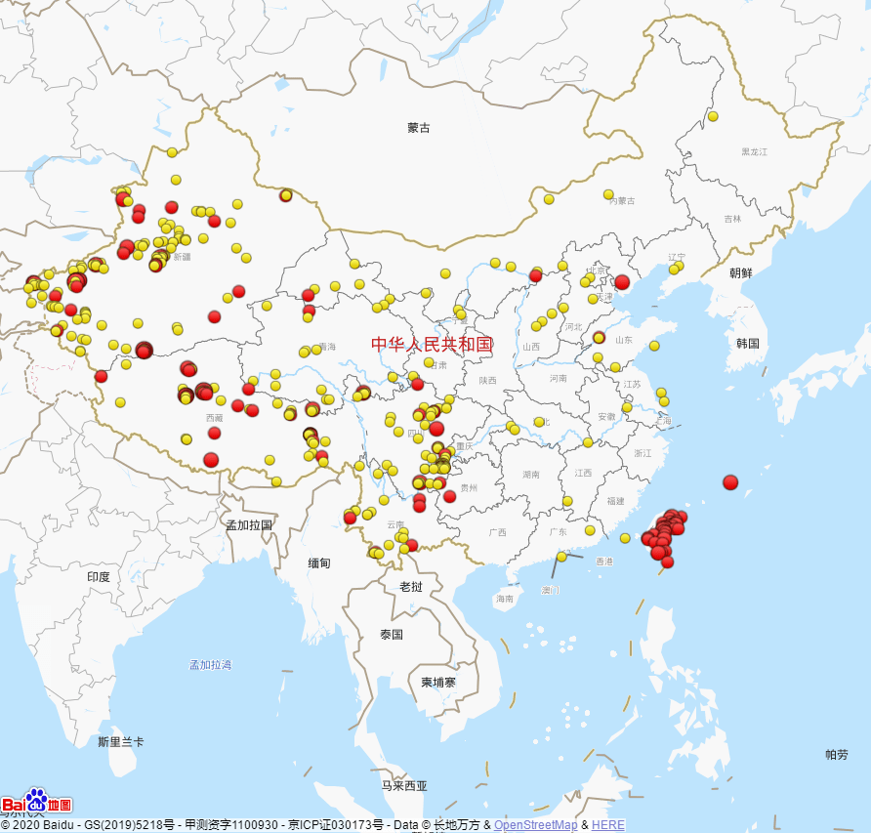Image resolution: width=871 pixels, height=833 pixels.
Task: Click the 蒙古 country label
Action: coord(419,128)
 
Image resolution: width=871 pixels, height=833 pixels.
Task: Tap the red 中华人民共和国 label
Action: coord(432,344)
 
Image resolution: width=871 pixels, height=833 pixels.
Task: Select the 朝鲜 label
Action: coord(741,273)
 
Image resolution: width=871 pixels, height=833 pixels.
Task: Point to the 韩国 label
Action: coord(748,344)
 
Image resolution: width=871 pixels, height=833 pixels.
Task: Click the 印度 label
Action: coord(99,577)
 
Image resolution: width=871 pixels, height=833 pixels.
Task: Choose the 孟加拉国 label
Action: coord(249,524)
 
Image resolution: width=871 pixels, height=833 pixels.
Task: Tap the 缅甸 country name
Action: coord(319,563)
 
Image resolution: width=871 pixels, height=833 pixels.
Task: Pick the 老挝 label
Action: coord(411,587)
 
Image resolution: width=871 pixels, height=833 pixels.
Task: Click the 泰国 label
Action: coord(392,634)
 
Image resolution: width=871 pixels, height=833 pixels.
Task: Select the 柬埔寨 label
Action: coord(438,682)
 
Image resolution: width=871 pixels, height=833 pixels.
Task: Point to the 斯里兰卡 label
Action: coord(121,742)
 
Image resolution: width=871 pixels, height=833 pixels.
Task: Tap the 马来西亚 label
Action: coord(404,785)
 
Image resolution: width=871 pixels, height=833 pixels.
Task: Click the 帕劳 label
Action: coord(837,754)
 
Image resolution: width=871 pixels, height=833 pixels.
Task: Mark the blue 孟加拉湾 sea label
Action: coord(211,665)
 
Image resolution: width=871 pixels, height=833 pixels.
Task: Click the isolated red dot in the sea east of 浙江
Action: coord(730,481)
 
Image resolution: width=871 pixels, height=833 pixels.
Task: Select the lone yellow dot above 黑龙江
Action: coord(713,116)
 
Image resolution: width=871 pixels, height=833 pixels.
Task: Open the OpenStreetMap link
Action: coord(535,825)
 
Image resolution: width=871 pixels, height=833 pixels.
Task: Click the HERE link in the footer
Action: coord(607,825)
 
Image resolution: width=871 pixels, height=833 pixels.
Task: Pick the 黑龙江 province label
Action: coord(755,151)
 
